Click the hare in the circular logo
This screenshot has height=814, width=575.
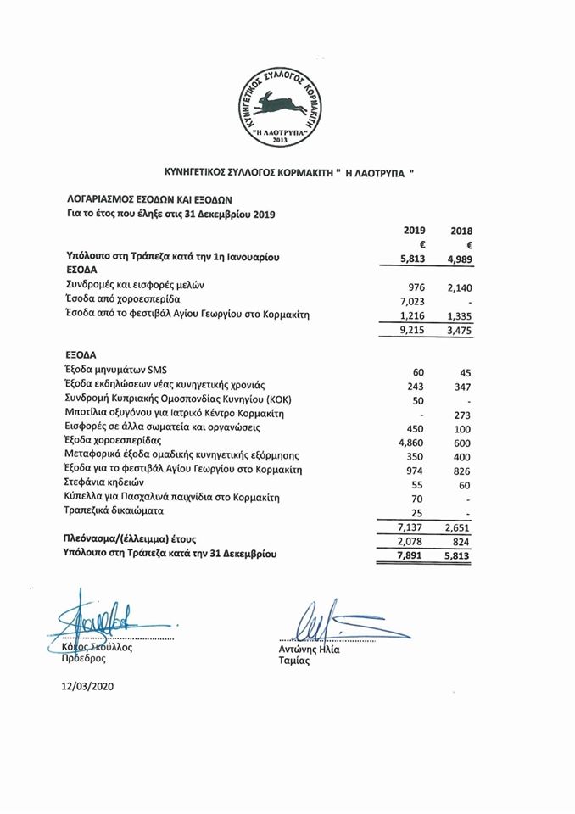pyautogui.click(x=287, y=105)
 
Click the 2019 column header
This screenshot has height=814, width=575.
pyautogui.click(x=415, y=230)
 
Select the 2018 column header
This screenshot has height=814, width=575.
pyautogui.click(x=461, y=231)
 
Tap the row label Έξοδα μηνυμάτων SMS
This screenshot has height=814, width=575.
pyautogui.click(x=124, y=370)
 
